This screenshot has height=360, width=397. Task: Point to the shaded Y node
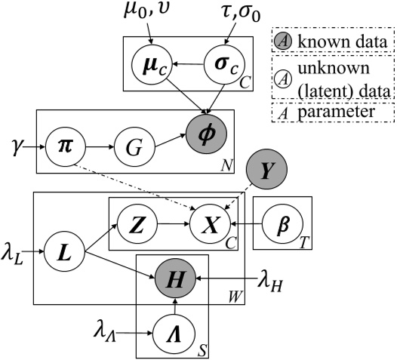pyautogui.click(x=266, y=172)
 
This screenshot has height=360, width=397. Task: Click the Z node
pyautogui.click(x=137, y=224)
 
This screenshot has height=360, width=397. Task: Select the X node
pyautogui.click(x=211, y=224)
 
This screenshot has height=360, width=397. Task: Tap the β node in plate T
pyautogui.click(x=283, y=224)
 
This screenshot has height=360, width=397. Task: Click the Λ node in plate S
pyautogui.click(x=175, y=330)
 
